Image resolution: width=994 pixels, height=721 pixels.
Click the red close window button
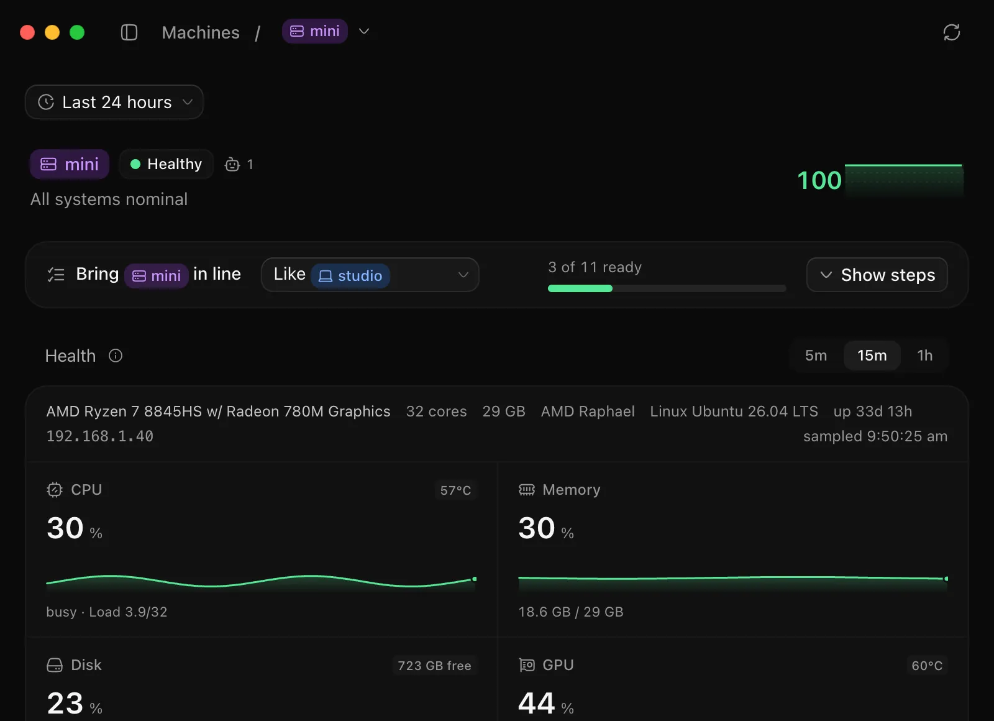coord(27,32)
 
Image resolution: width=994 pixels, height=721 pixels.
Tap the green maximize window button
coord(77,32)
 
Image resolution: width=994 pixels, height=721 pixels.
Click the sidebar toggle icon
coord(129,32)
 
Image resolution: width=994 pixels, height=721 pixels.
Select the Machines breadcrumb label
coord(201,32)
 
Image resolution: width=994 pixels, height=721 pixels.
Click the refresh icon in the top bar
coord(951,32)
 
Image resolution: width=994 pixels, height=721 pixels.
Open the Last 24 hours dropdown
coord(114,102)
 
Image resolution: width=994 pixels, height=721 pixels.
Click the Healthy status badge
coord(166,164)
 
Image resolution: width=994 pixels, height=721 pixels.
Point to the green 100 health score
coord(819,180)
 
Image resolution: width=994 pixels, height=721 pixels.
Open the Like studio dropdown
coord(370,275)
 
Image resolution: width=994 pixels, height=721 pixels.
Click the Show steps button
coord(877,275)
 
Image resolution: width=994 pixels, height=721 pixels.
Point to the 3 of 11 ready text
coord(595,267)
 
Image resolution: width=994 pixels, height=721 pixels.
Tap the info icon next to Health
coord(116,356)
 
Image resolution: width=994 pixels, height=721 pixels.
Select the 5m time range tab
coord(816,356)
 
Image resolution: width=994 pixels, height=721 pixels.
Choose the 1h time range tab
coord(925,356)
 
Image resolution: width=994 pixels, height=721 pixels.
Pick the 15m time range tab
coord(872,356)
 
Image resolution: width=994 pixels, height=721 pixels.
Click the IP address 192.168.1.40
coord(100,436)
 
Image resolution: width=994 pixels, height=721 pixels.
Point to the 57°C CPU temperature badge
coord(455,490)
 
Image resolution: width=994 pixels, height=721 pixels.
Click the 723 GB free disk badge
coord(434,666)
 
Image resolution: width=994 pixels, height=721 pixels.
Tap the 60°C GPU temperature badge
coord(926,666)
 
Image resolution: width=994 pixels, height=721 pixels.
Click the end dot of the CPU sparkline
coord(475,579)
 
